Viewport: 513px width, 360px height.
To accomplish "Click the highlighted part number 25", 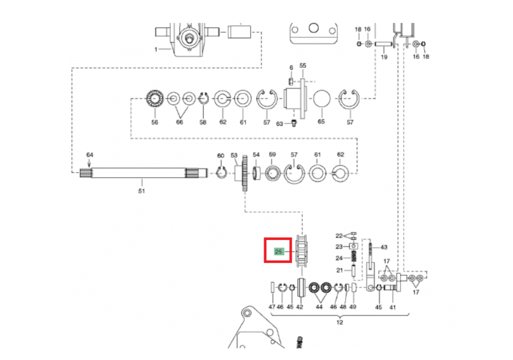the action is [278, 252].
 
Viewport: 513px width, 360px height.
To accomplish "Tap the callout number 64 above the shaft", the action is [90, 155].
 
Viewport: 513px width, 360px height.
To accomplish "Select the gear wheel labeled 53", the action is [244, 173].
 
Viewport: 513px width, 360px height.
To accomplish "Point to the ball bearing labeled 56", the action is [155, 98].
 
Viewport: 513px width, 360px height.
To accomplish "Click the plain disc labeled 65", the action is [322, 99].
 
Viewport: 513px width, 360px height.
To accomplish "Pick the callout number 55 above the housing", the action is [303, 65].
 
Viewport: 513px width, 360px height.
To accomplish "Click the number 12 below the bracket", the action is [340, 322].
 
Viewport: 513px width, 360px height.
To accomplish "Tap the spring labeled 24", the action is [354, 257].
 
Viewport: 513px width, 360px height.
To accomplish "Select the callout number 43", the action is [383, 247].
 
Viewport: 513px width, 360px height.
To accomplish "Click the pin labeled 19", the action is [383, 44].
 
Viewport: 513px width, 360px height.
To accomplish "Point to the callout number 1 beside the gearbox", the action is [156, 49].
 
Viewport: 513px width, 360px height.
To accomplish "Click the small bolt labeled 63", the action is [294, 123].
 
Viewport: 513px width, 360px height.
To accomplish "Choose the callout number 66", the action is [180, 122].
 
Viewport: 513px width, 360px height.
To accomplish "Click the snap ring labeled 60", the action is [221, 172].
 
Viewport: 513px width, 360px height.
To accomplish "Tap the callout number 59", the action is [272, 155].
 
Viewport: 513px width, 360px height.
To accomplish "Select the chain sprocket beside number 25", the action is [301, 251].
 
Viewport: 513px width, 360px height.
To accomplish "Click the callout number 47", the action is [272, 307].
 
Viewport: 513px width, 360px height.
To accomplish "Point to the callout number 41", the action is [392, 307].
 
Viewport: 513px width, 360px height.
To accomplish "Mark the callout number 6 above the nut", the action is [291, 67].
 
